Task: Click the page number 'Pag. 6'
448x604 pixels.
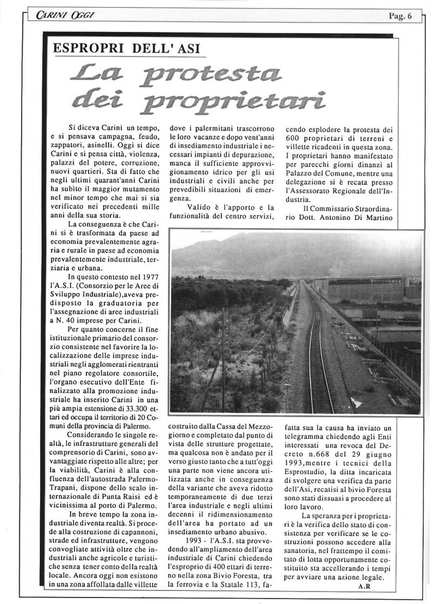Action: click(x=399, y=16)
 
